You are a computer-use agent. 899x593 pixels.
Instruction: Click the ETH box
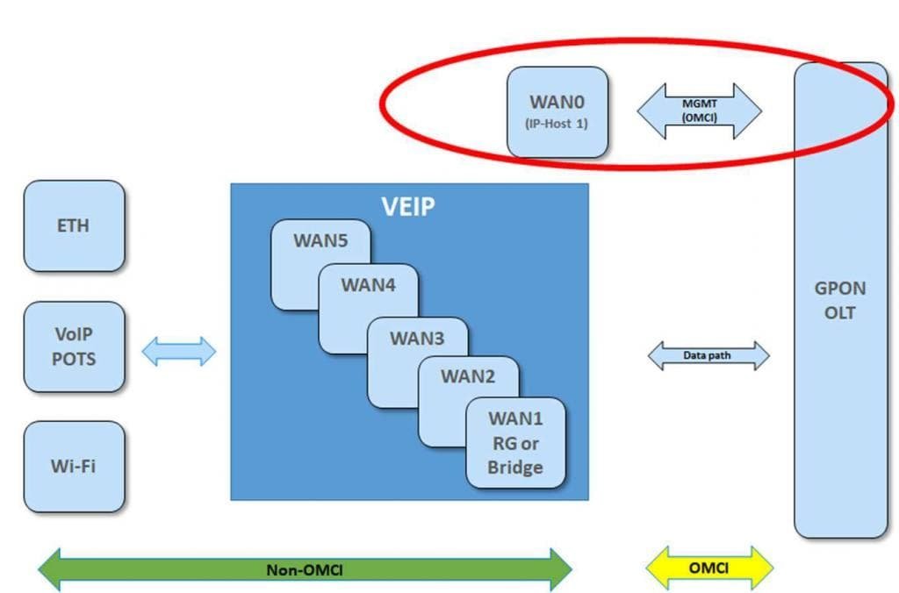pyautogui.click(x=74, y=225)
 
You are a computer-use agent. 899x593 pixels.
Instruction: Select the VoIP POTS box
pyautogui.click(x=74, y=347)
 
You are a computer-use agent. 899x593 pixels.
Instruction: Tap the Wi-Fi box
pyautogui.click(x=74, y=466)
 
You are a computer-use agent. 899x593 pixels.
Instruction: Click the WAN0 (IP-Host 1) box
pyautogui.click(x=557, y=112)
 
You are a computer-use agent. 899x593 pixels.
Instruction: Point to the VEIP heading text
pyautogui.click(x=408, y=206)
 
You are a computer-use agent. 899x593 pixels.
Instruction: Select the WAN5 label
pyautogui.click(x=320, y=240)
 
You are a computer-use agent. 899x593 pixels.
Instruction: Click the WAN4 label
pyautogui.click(x=369, y=285)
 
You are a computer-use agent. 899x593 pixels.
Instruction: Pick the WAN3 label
pyautogui.click(x=417, y=338)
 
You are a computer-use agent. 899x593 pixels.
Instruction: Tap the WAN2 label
pyautogui.click(x=468, y=377)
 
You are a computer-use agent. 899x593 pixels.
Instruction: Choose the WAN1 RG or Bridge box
pyautogui.click(x=515, y=442)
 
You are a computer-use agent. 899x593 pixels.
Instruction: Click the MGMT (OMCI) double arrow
pyautogui.click(x=699, y=111)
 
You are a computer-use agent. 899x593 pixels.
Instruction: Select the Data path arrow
pyautogui.click(x=708, y=355)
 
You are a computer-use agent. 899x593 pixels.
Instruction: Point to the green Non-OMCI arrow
pyautogui.click(x=305, y=570)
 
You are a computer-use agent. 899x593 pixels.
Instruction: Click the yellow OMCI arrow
pyautogui.click(x=709, y=568)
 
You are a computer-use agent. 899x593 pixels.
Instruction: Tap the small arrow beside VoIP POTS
pyautogui.click(x=178, y=351)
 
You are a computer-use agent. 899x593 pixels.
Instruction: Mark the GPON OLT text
pyautogui.click(x=840, y=300)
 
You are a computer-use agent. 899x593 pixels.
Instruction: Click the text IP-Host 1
pyautogui.click(x=557, y=124)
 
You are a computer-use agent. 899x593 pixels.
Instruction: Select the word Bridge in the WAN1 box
pyautogui.click(x=515, y=468)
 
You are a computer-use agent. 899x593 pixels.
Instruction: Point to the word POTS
pyautogui.click(x=74, y=359)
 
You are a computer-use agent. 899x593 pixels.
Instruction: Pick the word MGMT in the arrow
pyautogui.click(x=699, y=104)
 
